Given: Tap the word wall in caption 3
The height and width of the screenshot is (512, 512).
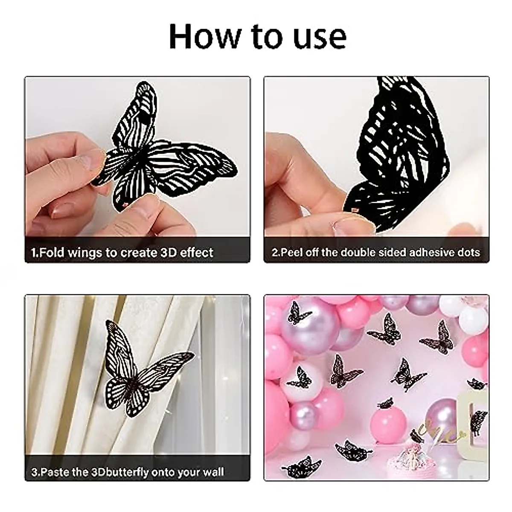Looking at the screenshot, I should pos(212,472).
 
